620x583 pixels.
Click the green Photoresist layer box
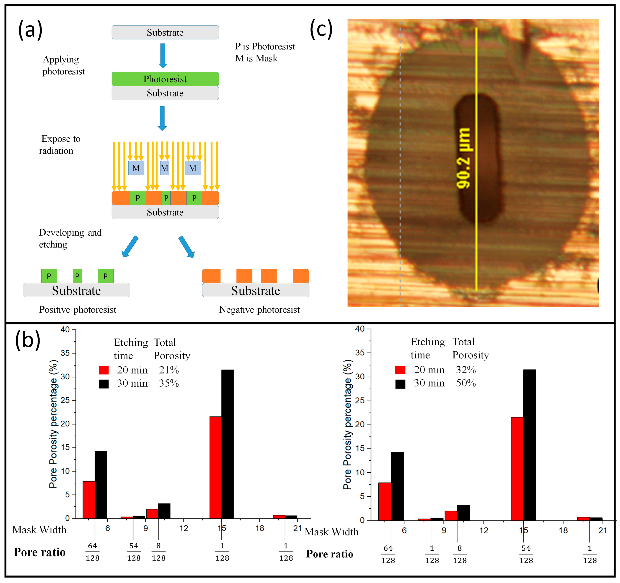click(x=165, y=79)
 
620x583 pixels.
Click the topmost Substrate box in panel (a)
click(x=165, y=32)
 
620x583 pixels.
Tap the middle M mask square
click(x=164, y=168)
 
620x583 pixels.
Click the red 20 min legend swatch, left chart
click(x=103, y=370)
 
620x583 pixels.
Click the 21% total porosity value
click(x=169, y=370)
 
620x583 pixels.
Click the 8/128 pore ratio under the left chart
click(x=158, y=552)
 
